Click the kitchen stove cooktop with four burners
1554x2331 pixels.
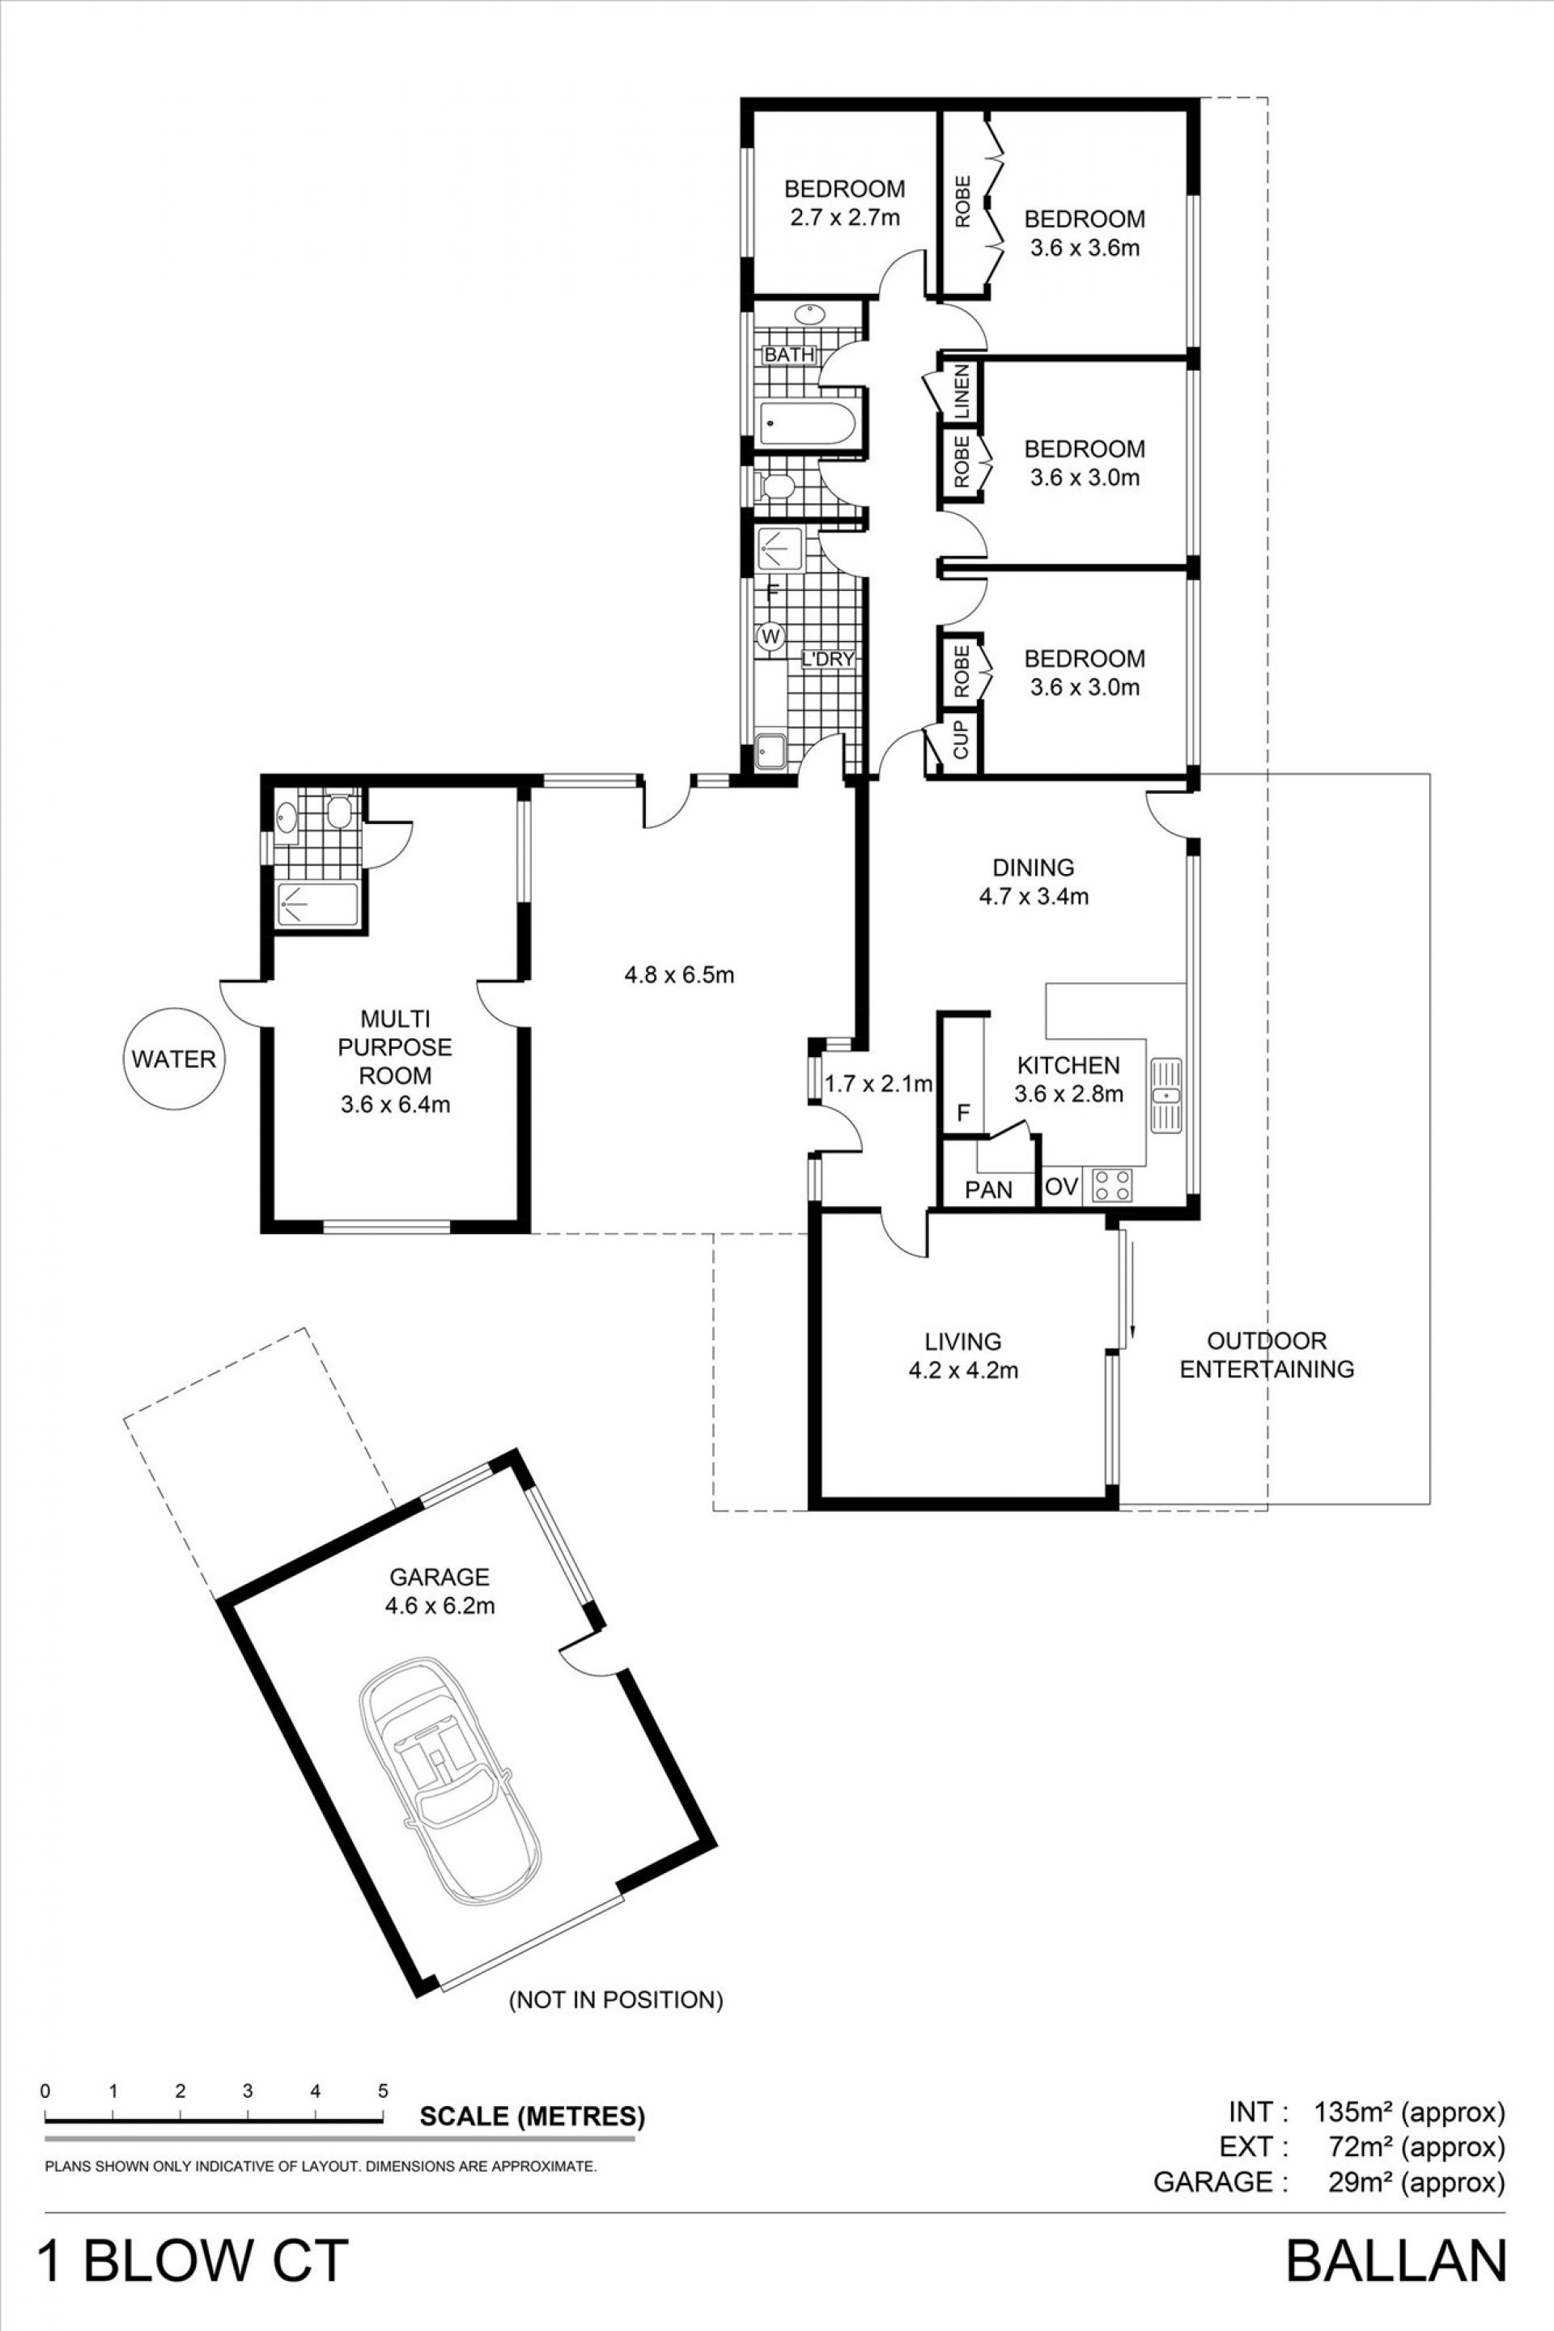tap(1112, 1185)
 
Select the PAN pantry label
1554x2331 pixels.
tap(989, 1188)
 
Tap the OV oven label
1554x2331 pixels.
tap(1061, 1187)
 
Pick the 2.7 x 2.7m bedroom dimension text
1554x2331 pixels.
tap(844, 217)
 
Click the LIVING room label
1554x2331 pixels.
tap(963, 1341)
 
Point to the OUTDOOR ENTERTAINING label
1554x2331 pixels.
tap(1267, 1355)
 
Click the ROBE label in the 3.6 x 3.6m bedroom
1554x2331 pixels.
tap(962, 202)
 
